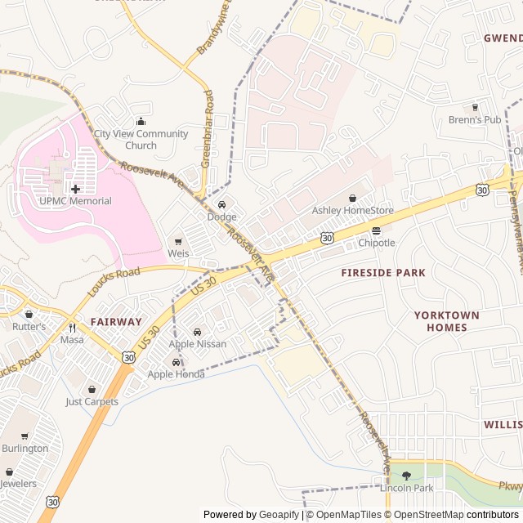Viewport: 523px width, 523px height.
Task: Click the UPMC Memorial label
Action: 74,201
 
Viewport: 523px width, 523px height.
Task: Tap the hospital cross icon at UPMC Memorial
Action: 75,189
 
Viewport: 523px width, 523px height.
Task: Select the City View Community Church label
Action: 141,140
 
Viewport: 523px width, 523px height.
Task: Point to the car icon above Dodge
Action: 221,204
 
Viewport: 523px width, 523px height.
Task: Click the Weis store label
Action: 178,254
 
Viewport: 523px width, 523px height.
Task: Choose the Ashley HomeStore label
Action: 352,210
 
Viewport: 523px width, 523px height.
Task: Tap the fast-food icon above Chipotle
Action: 376,230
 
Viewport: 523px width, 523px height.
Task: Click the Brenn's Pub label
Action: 474,119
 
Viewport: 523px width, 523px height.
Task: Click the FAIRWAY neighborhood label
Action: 116,322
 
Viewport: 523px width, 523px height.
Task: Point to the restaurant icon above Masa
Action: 72,327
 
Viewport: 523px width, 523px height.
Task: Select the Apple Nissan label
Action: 197,344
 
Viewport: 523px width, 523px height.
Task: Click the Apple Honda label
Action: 176,374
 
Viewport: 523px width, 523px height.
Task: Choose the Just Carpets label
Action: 92,401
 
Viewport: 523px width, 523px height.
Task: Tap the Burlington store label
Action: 25,449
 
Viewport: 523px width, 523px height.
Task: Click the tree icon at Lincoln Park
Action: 406,476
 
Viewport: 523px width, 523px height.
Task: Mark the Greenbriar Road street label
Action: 207,129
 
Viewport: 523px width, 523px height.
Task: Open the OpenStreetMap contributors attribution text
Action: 467,515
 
